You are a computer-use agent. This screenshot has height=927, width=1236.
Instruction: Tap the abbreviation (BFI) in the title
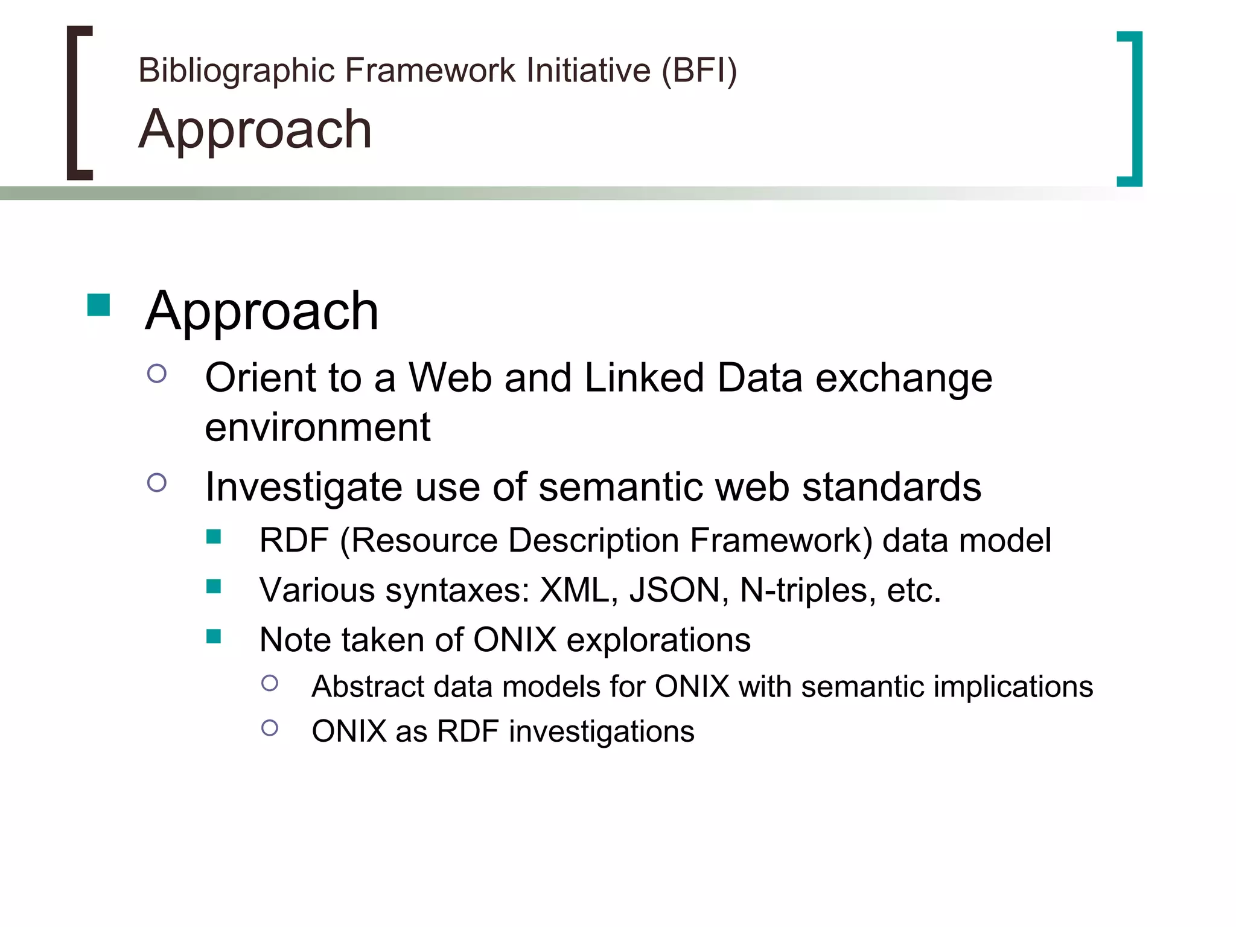point(699,71)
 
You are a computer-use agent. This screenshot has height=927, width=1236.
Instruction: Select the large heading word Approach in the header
point(255,130)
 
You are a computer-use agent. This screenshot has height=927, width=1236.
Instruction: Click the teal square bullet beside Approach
point(98,305)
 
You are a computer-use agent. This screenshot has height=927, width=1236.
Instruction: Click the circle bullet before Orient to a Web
point(157,374)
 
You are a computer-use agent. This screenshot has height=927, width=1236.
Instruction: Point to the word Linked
point(644,378)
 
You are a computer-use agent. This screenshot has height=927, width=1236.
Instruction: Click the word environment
point(317,427)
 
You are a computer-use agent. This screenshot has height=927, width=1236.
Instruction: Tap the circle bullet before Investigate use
point(157,482)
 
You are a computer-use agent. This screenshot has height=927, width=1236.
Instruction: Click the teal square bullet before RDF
point(214,536)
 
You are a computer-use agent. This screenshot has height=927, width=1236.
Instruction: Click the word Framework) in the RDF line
point(781,540)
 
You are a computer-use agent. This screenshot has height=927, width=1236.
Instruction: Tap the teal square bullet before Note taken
point(214,636)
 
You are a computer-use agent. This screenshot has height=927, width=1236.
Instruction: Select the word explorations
point(658,640)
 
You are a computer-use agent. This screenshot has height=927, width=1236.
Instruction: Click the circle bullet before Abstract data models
point(270,683)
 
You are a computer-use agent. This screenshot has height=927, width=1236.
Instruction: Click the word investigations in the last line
point(601,731)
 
